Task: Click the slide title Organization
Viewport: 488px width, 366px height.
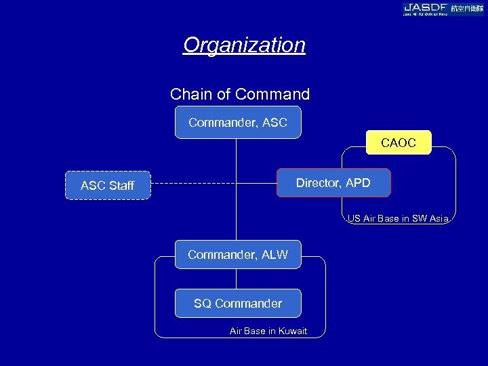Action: pyautogui.click(x=244, y=45)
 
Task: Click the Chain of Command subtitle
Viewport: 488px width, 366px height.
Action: pyautogui.click(x=239, y=94)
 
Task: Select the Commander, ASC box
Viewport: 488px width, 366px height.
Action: pyautogui.click(x=237, y=123)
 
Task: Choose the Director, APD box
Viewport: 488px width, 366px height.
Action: pyautogui.click(x=333, y=183)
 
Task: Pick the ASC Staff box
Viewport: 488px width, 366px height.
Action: pyautogui.click(x=107, y=185)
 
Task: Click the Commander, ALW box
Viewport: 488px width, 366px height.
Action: pyautogui.click(x=237, y=255)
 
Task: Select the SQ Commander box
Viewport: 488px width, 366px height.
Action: pyautogui.click(x=237, y=304)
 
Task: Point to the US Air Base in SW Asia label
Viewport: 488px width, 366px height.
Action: pyautogui.click(x=398, y=219)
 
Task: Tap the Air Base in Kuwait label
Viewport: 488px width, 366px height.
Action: pyautogui.click(x=268, y=331)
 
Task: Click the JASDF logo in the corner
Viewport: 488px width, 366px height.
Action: pyautogui.click(x=443, y=8)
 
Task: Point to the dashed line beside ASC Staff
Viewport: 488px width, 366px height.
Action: pyautogui.click(x=203, y=184)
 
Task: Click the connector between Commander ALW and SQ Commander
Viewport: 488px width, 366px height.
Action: pyautogui.click(x=237, y=279)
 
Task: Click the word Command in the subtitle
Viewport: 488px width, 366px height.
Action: pyautogui.click(x=279, y=94)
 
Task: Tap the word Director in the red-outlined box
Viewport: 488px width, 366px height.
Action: pyautogui.click(x=319, y=183)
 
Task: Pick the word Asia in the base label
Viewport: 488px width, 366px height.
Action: pyautogui.click(x=437, y=219)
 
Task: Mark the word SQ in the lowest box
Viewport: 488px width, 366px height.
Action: pyautogui.click(x=202, y=304)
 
